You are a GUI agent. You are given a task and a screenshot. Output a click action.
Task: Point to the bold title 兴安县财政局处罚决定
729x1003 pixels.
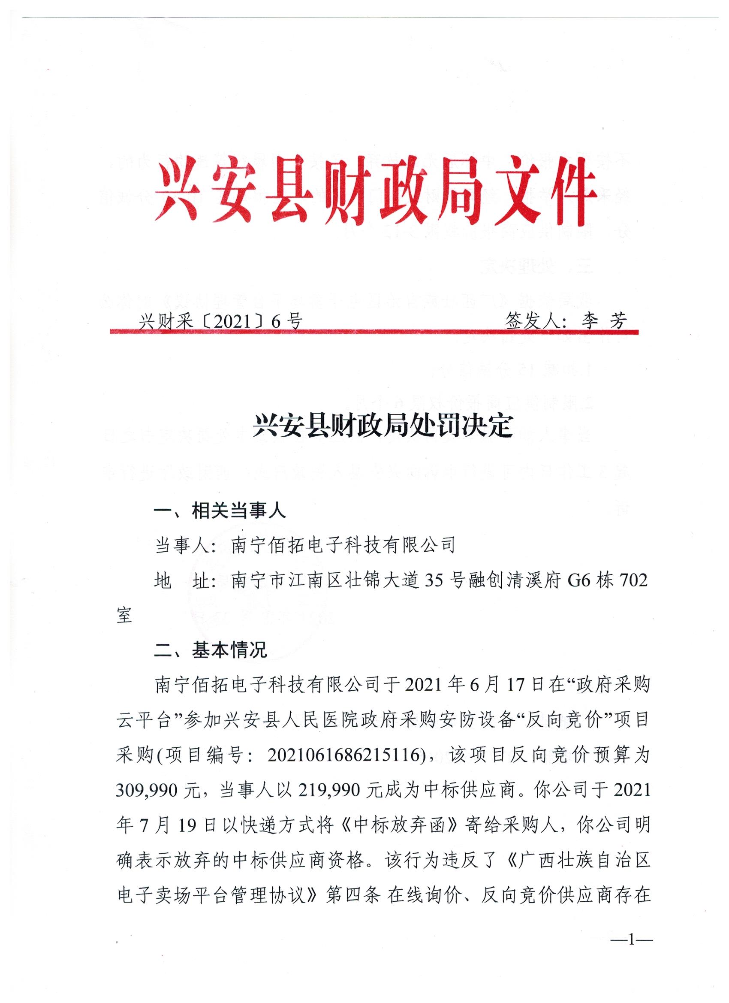(383, 427)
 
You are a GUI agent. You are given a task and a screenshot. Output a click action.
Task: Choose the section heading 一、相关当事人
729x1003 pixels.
(220, 512)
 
